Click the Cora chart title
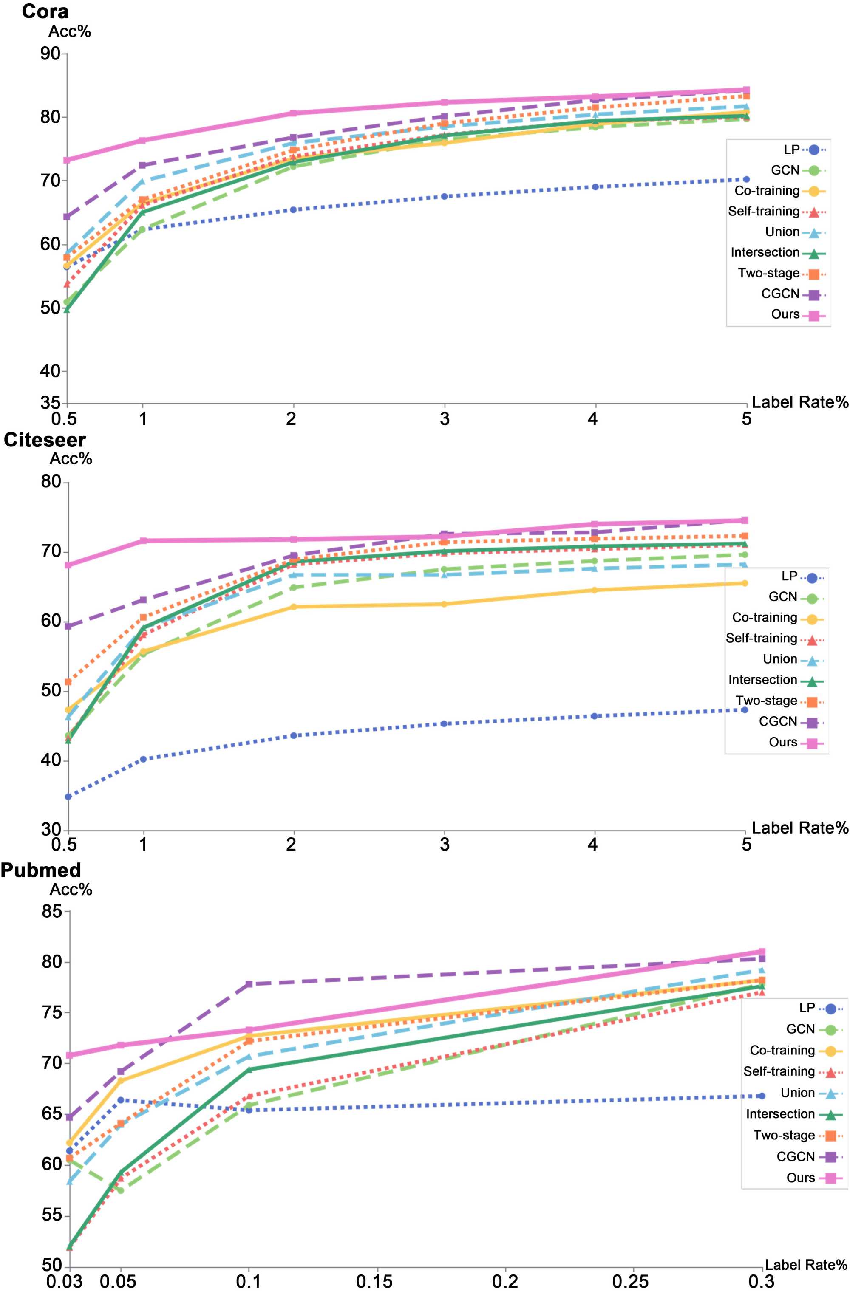tap(45, 11)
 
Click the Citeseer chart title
tap(45, 440)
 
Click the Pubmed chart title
tap(41, 870)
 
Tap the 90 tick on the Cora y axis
tap(50, 54)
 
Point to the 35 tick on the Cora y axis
tap(50, 403)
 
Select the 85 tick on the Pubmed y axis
tap(52, 911)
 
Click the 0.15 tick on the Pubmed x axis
tap(374, 1281)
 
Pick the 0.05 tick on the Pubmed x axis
tap(118, 1281)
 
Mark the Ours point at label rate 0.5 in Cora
tap(67, 160)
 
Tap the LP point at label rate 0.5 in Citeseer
tap(68, 797)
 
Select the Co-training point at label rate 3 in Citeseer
tap(444, 604)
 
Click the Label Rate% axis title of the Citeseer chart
tap(800, 828)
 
